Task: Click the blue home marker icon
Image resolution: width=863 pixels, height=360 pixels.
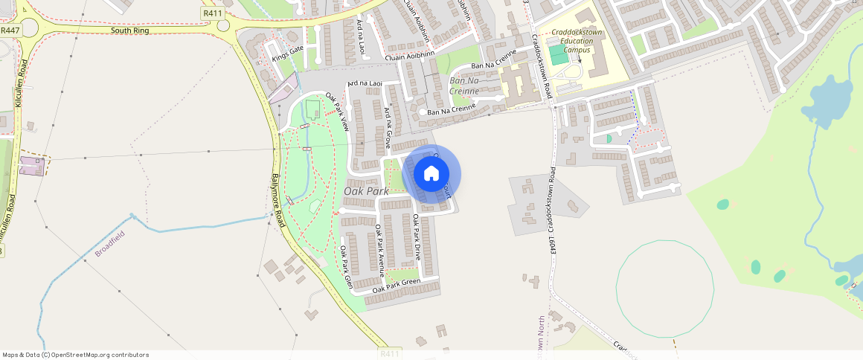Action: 431,174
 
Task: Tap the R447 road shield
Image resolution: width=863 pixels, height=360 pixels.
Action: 10,30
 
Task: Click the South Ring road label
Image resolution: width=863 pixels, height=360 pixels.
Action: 130,31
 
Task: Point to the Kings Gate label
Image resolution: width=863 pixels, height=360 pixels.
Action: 288,53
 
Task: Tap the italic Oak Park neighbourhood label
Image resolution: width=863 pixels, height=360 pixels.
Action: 366,191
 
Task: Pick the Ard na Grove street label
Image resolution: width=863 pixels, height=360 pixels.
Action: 388,128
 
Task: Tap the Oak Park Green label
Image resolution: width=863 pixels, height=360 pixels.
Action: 397,284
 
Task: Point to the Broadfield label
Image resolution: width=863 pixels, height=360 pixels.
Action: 110,244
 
